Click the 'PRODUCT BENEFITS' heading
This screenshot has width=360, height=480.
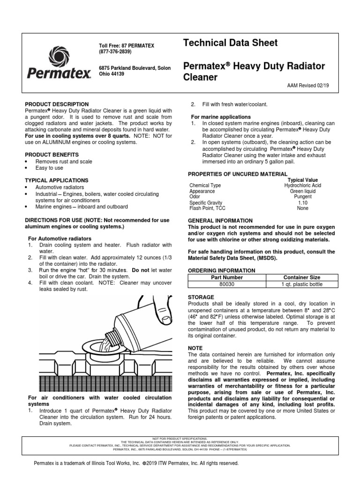point(52,154)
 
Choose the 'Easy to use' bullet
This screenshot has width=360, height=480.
point(49,168)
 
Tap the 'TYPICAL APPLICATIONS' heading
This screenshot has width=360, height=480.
point(56,180)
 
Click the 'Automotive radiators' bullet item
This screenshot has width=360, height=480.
point(60,187)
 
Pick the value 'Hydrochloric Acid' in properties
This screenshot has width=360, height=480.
point(302,186)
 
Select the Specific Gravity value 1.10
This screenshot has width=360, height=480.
point(302,202)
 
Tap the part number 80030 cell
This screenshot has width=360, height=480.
point(228,284)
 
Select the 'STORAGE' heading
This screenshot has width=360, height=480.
point(201,297)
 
